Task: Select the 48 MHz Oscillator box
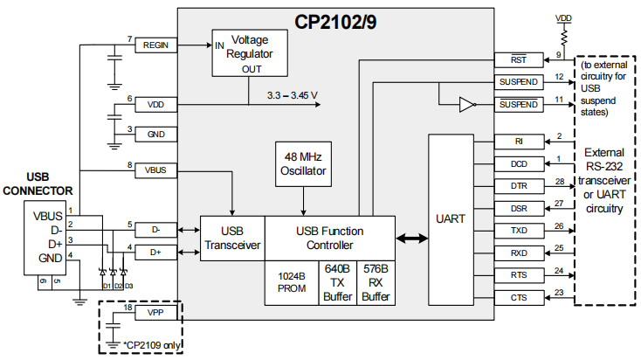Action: [x=303, y=163]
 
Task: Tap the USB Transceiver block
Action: [x=232, y=238]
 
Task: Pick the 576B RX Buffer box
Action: [x=375, y=282]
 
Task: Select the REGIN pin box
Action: [x=156, y=45]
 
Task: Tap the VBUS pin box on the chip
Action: [x=156, y=170]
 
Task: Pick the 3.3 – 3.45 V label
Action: [x=292, y=95]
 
